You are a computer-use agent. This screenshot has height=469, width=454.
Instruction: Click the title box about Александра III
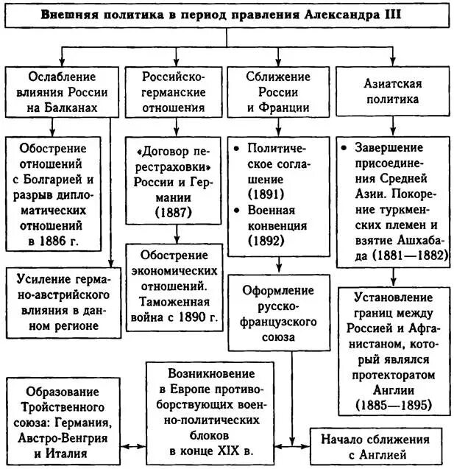[x=226, y=15]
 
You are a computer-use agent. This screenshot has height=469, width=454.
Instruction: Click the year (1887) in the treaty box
[x=174, y=211]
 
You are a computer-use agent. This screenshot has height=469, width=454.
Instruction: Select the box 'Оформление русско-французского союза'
[x=277, y=311]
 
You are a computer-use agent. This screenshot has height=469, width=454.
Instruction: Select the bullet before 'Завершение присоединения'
[x=344, y=147]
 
